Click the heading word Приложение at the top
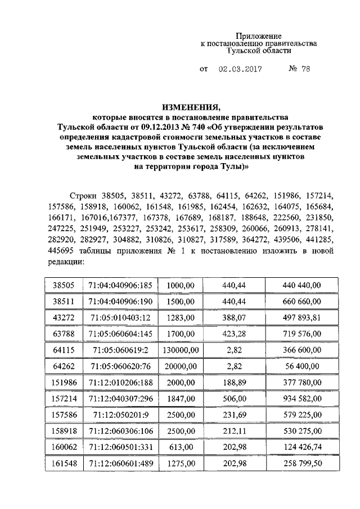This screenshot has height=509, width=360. [258, 36]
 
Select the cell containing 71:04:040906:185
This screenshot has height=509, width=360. [121, 285]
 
